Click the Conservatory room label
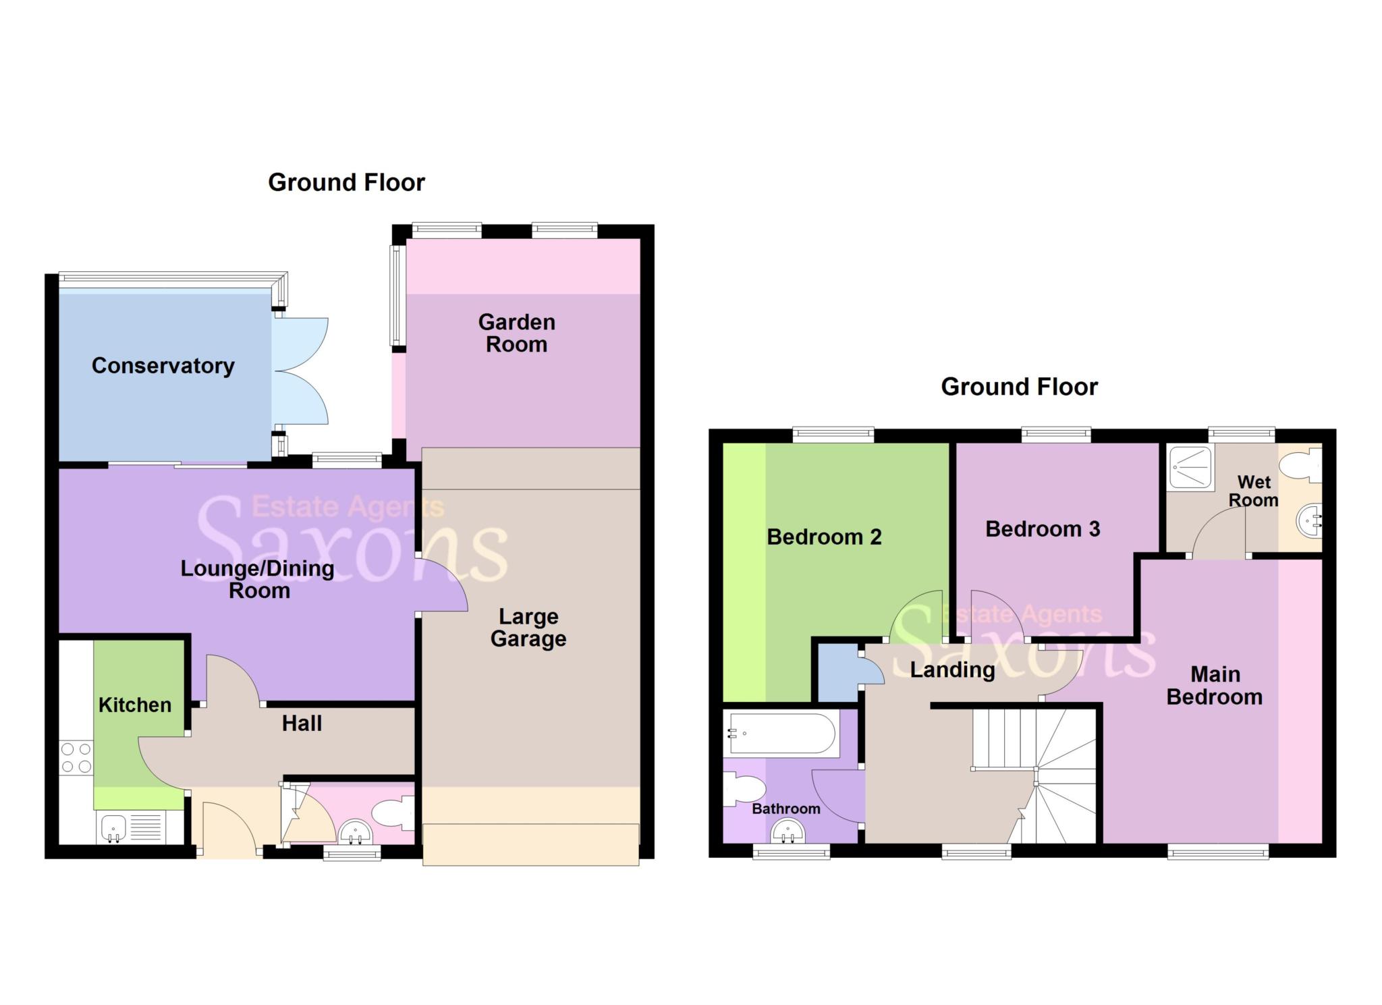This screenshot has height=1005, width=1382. [163, 366]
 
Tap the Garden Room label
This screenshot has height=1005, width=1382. [516, 333]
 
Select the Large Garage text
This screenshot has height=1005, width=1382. [528, 627]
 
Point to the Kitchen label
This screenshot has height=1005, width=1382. [135, 705]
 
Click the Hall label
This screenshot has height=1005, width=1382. [302, 724]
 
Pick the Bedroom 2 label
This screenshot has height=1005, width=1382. [824, 537]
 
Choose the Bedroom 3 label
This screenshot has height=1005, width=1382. [1043, 528]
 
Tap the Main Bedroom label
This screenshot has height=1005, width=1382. [1215, 685]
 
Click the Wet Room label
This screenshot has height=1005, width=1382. [1254, 491]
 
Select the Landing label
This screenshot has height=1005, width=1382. [952, 670]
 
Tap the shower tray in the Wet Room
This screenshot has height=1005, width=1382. [1191, 466]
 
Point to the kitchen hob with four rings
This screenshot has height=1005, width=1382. [76, 757]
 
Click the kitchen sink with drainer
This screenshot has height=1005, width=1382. [132, 827]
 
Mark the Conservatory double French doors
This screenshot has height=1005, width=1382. [300, 371]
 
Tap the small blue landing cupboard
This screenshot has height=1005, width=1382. [837, 672]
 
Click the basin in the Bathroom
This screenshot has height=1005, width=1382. [787, 831]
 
